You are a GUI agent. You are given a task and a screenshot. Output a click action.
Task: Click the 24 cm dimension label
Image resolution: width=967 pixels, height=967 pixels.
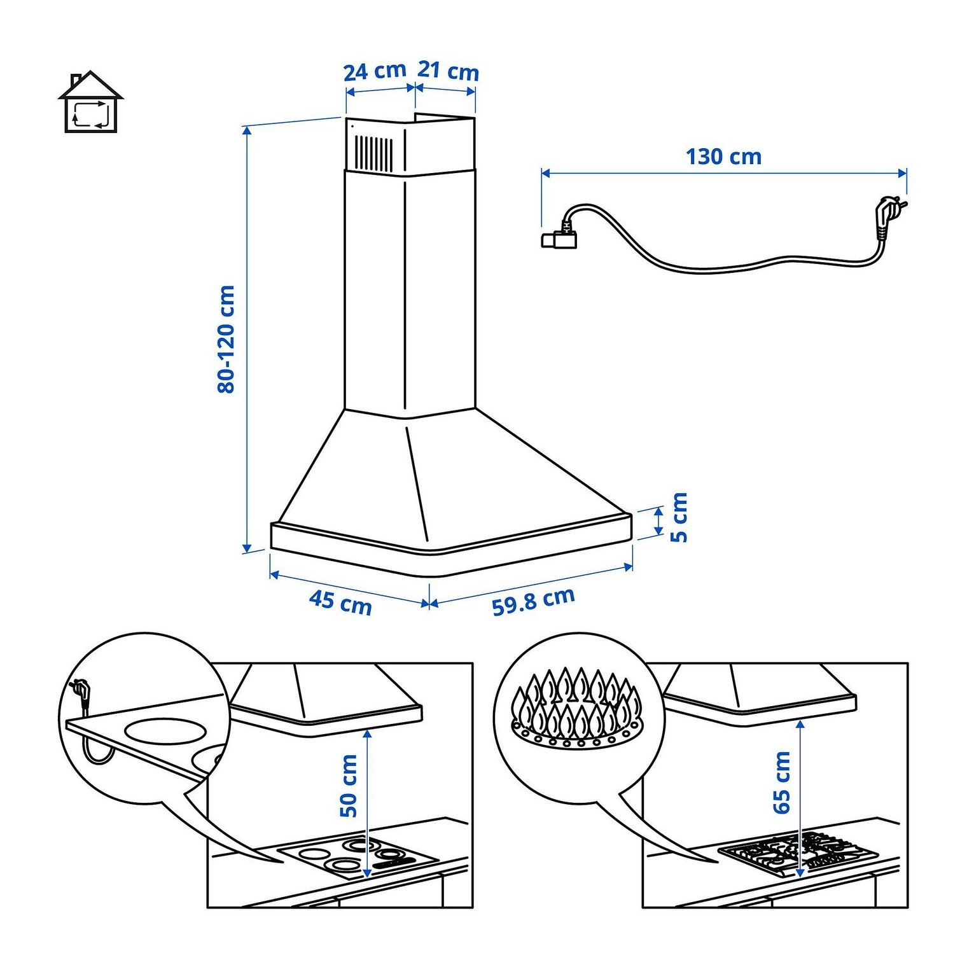[375, 71]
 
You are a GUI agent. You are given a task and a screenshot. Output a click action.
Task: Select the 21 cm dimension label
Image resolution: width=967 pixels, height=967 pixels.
[448, 71]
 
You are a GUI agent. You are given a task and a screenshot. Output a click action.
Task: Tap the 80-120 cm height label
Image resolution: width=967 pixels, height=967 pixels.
[226, 339]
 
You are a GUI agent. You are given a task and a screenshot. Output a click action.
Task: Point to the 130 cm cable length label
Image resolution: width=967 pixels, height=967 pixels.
[723, 157]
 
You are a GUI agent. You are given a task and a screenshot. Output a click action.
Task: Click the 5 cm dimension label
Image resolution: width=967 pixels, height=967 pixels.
[679, 517]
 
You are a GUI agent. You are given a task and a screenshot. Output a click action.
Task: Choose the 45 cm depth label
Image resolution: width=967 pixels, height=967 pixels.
[340, 602]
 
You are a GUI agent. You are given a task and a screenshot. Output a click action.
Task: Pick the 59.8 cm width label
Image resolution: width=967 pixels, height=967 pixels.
[533, 601]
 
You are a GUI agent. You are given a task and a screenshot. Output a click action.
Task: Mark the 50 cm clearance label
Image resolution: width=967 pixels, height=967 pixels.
[349, 786]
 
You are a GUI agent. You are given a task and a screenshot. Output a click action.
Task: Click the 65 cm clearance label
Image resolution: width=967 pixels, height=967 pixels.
[781, 783]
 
